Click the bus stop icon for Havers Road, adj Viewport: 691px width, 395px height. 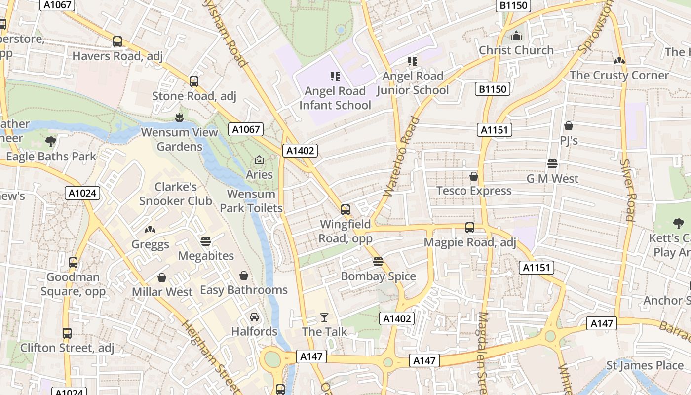(x=117, y=41)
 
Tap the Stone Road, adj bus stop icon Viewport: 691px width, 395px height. (x=194, y=81)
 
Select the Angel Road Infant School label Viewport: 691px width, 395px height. (x=335, y=98)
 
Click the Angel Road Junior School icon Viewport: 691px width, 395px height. (x=413, y=61)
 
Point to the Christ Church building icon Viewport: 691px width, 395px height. (x=516, y=36)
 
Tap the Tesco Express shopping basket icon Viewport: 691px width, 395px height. (x=474, y=176)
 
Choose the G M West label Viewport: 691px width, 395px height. (x=552, y=179)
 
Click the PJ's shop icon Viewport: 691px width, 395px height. (x=569, y=126)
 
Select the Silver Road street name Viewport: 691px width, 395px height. (x=627, y=190)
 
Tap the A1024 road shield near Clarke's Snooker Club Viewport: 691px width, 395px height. (x=82, y=193)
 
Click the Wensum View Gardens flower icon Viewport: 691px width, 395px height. (x=179, y=118)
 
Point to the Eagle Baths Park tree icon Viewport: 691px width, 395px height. (x=51, y=142)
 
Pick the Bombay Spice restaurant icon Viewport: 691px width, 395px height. (x=378, y=262)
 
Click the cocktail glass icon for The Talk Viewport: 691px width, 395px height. (x=324, y=317)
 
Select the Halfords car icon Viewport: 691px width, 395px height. (x=254, y=317)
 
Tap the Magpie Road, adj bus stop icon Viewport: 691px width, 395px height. (x=470, y=228)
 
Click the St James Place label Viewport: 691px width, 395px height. (x=645, y=366)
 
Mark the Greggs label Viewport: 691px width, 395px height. (x=150, y=244)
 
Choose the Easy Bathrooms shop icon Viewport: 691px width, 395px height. (x=243, y=276)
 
